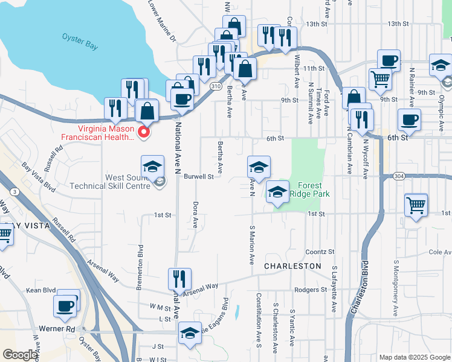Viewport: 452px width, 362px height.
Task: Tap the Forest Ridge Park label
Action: click(x=309, y=189)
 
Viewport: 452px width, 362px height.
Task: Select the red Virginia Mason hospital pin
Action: click(x=144, y=132)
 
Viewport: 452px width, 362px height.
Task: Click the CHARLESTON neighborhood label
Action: click(x=293, y=265)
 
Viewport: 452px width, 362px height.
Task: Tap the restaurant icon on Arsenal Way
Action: click(x=179, y=279)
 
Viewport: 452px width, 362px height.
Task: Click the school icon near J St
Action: click(x=190, y=334)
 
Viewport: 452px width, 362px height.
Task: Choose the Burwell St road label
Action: click(x=199, y=177)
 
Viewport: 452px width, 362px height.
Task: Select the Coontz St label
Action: click(x=320, y=252)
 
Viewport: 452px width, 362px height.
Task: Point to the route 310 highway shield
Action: click(x=216, y=86)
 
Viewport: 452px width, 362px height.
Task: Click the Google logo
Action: click(x=20, y=355)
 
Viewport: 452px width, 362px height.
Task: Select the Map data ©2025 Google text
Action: click(x=415, y=357)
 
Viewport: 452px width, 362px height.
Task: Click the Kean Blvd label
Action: click(x=37, y=290)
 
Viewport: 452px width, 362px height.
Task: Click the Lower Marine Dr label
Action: click(x=162, y=21)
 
